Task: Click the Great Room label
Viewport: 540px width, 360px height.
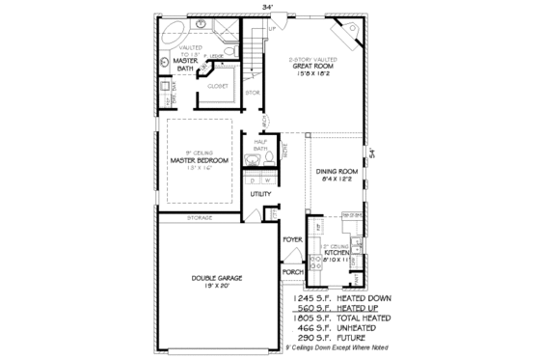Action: [x=317, y=66]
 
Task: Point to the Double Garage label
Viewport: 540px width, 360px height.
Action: [x=215, y=278]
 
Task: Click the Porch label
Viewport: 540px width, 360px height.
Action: [x=293, y=272]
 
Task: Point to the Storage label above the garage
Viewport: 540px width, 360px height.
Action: [x=200, y=218]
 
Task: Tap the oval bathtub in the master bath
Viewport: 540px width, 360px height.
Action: [x=174, y=29]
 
